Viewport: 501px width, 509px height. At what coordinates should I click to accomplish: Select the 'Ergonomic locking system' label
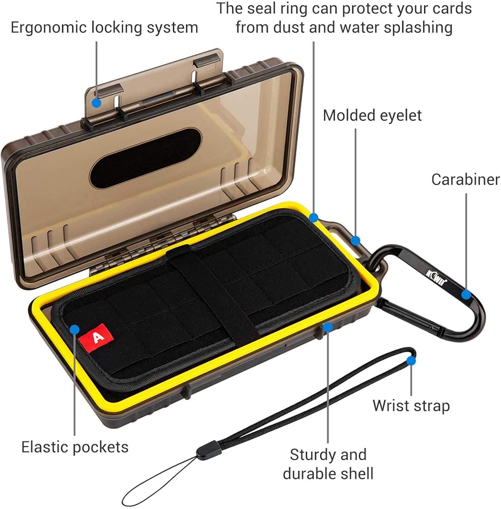pyautogui.click(x=104, y=27)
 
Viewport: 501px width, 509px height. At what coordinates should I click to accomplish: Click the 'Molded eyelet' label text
pyautogui.click(x=372, y=116)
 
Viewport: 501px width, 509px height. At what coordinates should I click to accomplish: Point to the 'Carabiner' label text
pyautogui.click(x=465, y=179)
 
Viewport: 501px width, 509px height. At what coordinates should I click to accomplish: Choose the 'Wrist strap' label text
pyautogui.click(x=411, y=406)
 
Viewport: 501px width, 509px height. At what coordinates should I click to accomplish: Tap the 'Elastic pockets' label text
pyautogui.click(x=75, y=447)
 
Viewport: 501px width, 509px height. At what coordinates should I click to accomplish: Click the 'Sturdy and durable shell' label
pyautogui.click(x=328, y=463)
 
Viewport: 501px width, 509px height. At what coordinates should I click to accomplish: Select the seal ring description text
pyautogui.click(x=344, y=18)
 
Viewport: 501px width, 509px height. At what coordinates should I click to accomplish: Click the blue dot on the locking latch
pyautogui.click(x=96, y=89)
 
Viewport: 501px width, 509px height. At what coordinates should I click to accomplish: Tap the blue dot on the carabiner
pyautogui.click(x=466, y=294)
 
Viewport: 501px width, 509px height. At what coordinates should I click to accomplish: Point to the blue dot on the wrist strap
pyautogui.click(x=411, y=360)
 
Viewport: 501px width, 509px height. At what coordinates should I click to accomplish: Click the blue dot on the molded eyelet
pyautogui.click(x=355, y=240)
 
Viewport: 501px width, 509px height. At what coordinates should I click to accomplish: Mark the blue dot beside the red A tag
pyautogui.click(x=75, y=328)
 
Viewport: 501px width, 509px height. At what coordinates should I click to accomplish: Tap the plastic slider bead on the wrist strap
pyautogui.click(x=205, y=451)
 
